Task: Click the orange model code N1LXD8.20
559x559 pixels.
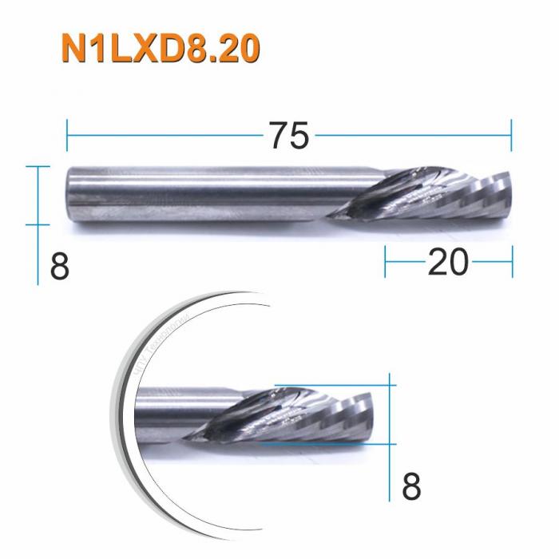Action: click(160, 50)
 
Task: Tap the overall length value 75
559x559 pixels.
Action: click(288, 137)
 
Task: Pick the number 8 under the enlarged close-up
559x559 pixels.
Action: click(410, 486)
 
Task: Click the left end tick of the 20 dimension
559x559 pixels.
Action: click(386, 263)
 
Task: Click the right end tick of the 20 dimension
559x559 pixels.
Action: click(511, 263)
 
